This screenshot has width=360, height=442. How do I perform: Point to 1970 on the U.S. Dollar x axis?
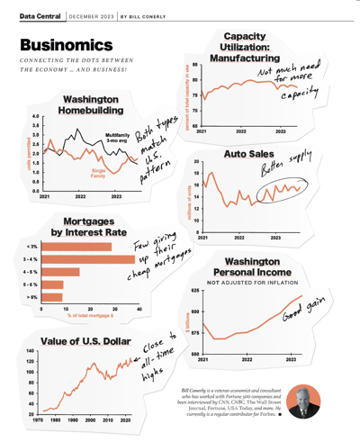click(x=40, y=420)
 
